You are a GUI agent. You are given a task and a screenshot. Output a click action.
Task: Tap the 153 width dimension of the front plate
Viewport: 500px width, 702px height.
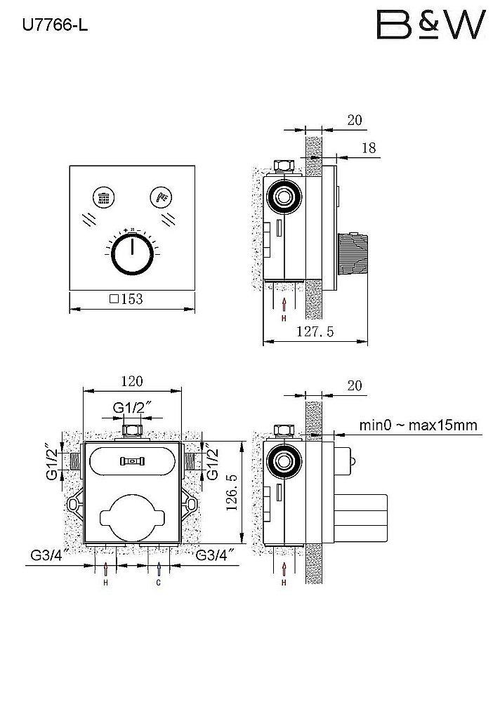127,299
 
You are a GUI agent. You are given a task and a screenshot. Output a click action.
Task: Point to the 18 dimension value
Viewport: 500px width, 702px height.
369,147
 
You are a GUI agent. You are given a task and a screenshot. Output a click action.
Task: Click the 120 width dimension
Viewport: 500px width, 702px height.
131,381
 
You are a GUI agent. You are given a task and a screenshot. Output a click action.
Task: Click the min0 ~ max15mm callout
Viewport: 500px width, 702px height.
418,425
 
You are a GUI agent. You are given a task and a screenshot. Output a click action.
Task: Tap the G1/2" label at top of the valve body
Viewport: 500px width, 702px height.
133,407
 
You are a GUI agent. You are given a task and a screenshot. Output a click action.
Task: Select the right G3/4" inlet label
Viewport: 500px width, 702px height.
215,556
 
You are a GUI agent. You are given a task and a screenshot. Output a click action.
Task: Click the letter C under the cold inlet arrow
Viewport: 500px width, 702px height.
159,583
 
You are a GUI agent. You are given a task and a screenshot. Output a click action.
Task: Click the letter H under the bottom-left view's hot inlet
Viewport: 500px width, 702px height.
106,583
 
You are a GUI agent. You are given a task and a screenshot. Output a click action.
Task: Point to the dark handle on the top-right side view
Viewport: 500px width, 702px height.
353,255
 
